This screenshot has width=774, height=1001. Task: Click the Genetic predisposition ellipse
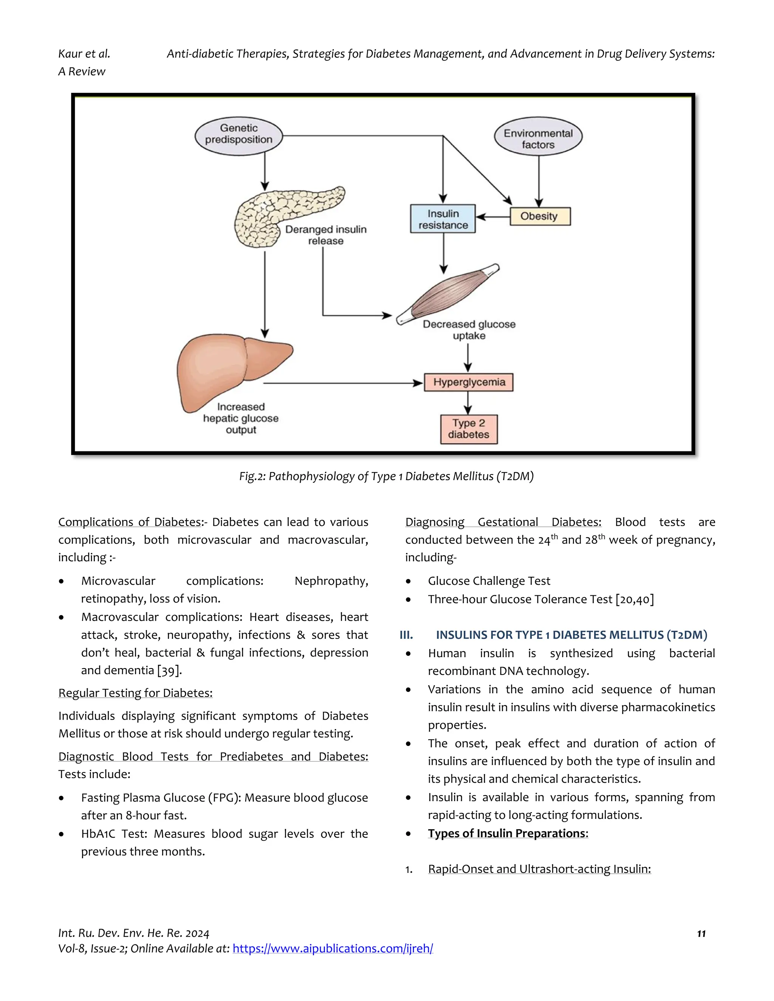(x=238, y=136)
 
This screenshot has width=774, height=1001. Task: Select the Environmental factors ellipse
(x=538, y=136)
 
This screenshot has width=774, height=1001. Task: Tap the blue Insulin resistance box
(x=443, y=219)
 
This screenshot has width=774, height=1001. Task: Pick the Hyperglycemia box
(x=469, y=382)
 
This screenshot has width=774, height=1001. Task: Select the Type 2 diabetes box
(x=469, y=429)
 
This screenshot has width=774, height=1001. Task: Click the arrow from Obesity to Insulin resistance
(x=493, y=216)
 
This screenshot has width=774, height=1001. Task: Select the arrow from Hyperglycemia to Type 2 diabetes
(x=468, y=403)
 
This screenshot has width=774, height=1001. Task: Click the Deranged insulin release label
(x=325, y=235)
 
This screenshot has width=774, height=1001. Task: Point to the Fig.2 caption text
(x=386, y=476)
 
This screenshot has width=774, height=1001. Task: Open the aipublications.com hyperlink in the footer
(x=333, y=948)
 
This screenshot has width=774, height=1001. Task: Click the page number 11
(x=701, y=934)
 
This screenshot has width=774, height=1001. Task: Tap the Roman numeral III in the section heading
(x=406, y=635)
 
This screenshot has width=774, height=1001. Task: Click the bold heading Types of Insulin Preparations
(x=508, y=833)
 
